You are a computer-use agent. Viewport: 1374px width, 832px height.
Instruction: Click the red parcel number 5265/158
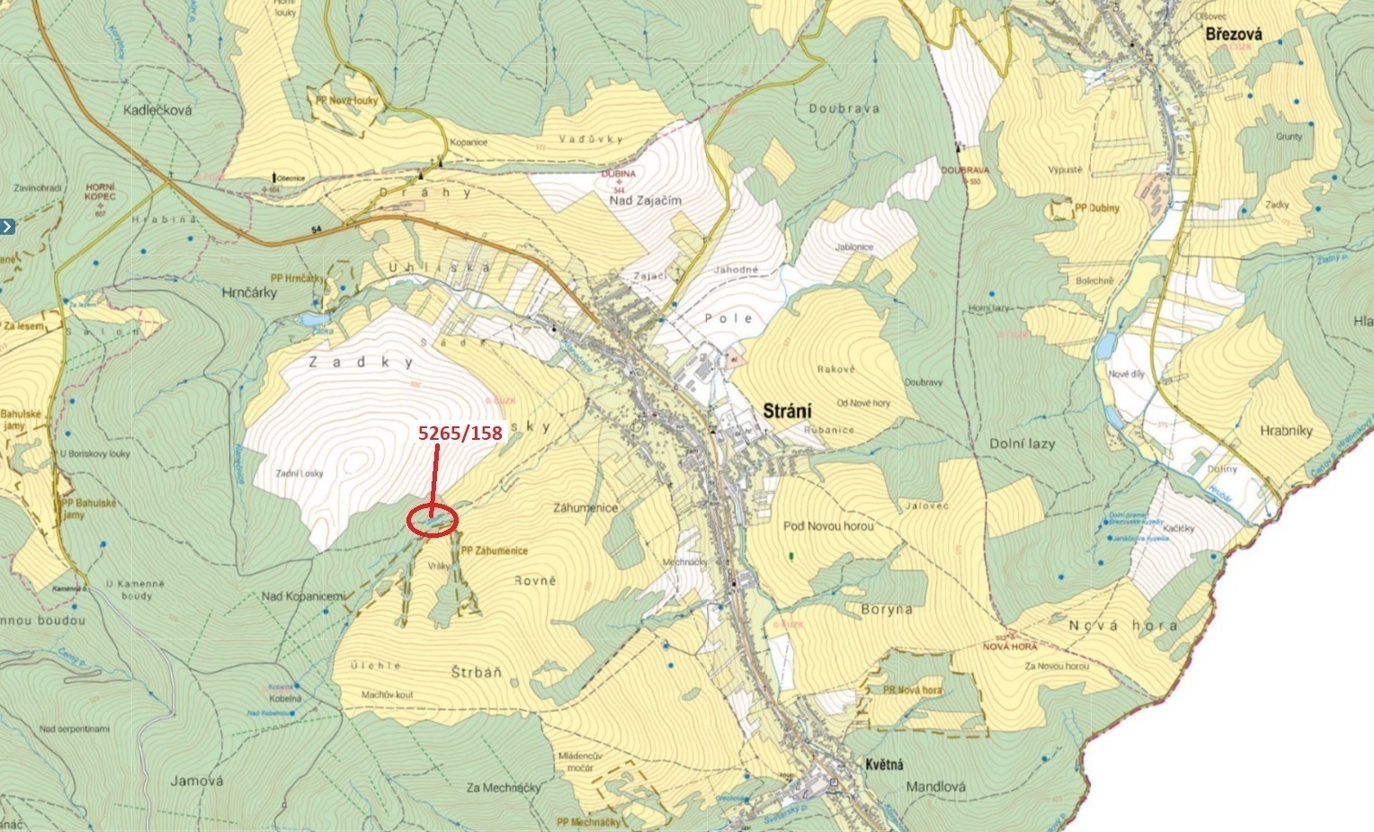point(460,434)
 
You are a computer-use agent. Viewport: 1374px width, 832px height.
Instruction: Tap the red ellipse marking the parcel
point(433,521)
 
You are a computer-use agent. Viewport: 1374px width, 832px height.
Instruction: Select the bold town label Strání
point(787,410)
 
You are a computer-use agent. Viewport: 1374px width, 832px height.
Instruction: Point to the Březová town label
point(1234,34)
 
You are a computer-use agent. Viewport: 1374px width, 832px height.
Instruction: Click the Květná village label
point(884,765)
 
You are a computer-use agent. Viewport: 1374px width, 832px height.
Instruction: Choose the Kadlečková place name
point(158,110)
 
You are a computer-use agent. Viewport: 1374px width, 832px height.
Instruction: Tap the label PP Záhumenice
point(494,550)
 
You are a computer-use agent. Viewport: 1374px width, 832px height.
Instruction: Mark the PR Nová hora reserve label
point(906,690)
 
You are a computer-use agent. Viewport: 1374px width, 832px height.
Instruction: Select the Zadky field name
point(361,362)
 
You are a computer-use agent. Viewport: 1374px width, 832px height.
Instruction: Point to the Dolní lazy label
point(1022,443)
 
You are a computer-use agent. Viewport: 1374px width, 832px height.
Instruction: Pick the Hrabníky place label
point(1286,431)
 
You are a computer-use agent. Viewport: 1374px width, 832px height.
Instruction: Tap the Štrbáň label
point(476,673)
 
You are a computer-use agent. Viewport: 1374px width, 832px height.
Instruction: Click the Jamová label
point(197,781)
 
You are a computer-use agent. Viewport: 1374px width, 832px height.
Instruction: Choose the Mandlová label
point(936,786)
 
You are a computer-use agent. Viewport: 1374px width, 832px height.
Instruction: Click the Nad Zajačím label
point(646,201)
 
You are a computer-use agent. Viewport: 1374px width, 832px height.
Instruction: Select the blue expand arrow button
point(7,227)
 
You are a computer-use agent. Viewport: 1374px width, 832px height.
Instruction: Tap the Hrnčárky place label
point(249,292)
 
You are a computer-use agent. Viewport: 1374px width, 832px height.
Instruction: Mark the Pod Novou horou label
point(828,526)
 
